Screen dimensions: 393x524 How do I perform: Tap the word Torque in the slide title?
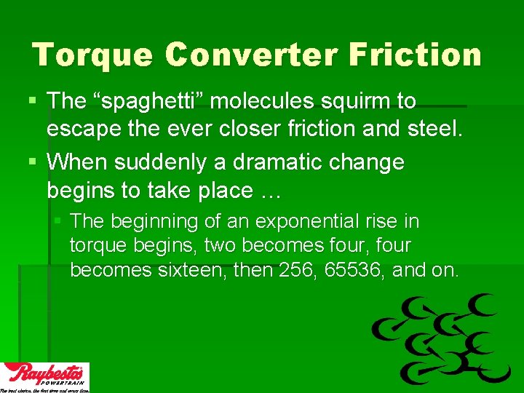pyautogui.click(x=92, y=55)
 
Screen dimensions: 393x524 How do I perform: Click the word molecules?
pyautogui.click(x=273, y=101)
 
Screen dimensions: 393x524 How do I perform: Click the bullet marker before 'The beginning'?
pyautogui.click(x=59, y=221)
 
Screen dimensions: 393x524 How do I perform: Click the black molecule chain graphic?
pyautogui.click(x=442, y=338)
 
